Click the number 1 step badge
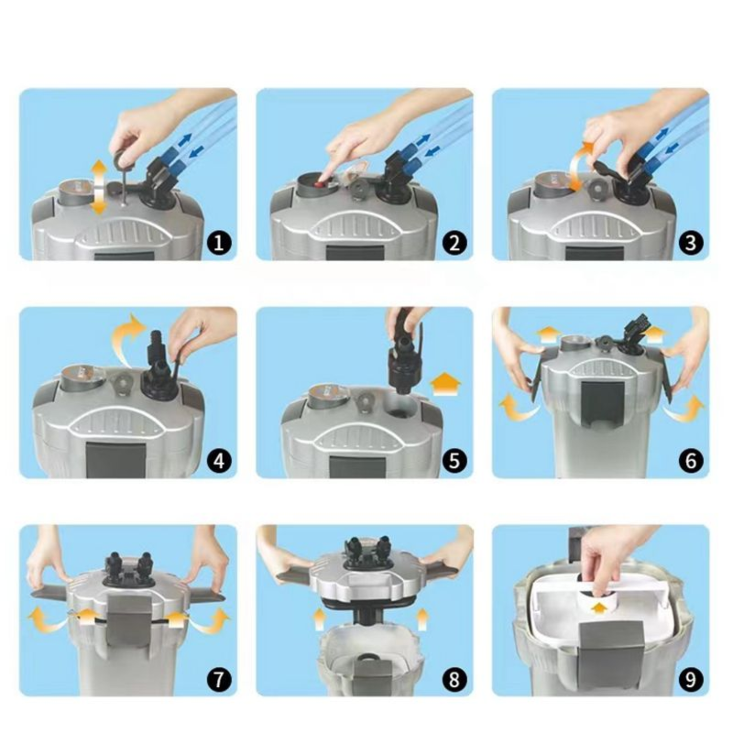pos(218,243)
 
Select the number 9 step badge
pos(690,679)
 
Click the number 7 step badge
pos(218,679)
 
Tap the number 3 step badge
pos(690,243)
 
